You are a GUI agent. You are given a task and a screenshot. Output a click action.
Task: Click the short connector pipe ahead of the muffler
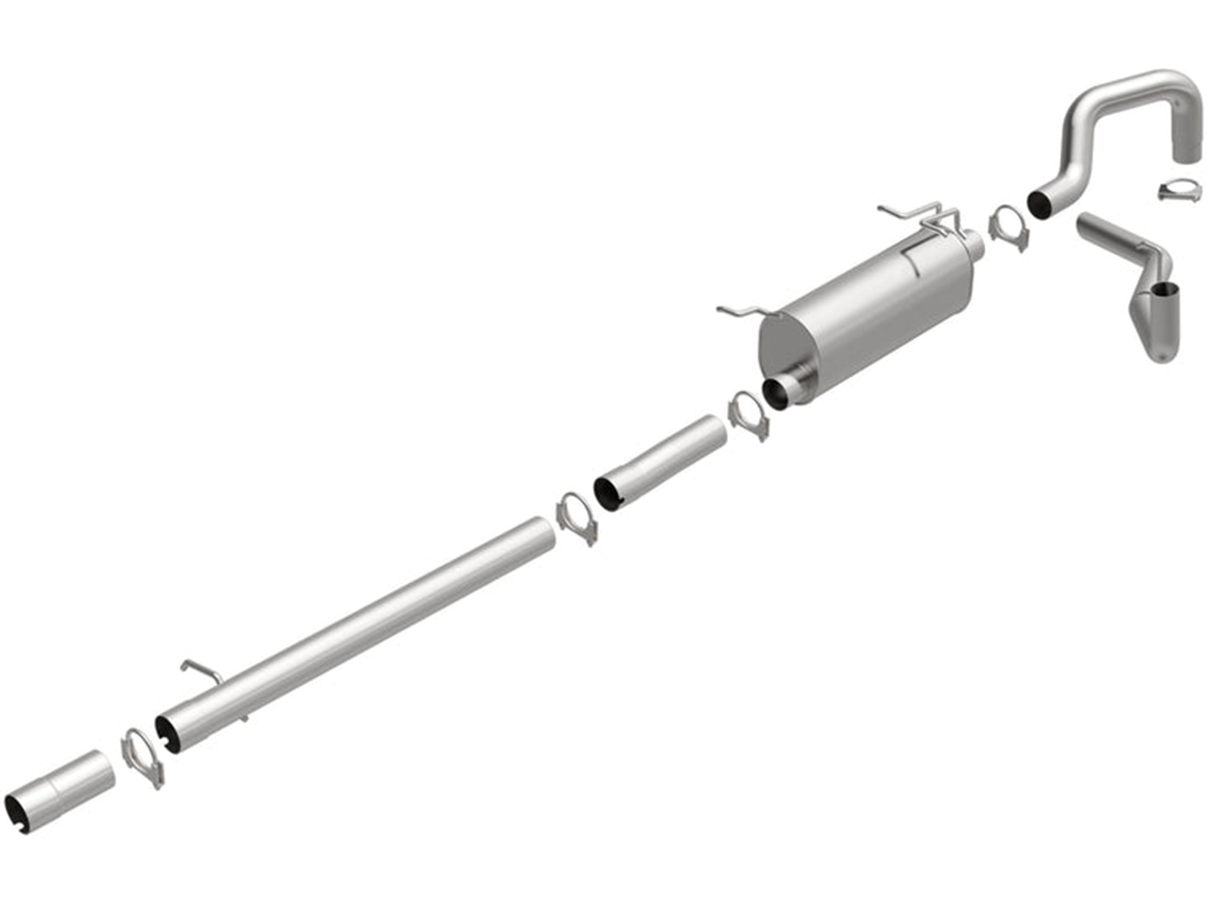pyautogui.click(x=664, y=460)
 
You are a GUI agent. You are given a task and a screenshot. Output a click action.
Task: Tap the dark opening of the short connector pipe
pyautogui.click(x=608, y=492)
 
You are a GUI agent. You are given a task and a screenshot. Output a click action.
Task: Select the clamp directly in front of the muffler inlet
pyautogui.click(x=749, y=416)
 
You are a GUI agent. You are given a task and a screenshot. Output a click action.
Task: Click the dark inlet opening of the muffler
pyautogui.click(x=776, y=392)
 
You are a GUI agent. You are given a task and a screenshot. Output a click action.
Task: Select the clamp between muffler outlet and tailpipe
pyautogui.click(x=1007, y=227)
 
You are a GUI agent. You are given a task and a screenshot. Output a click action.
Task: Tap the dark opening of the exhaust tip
pyautogui.click(x=1166, y=290)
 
